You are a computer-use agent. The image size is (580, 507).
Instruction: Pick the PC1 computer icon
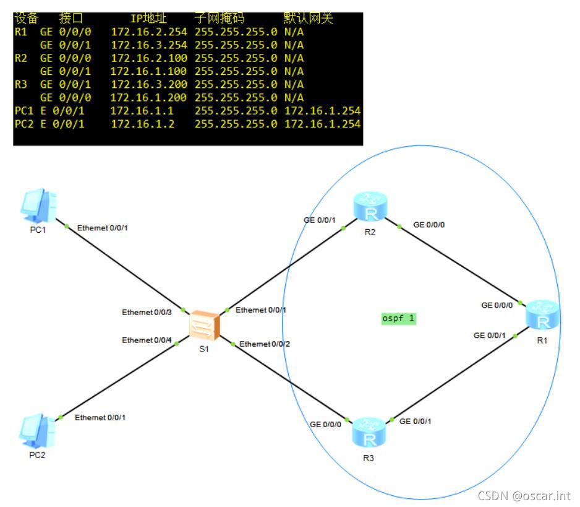click(38, 206)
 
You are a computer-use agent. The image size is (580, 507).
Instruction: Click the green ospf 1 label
click(399, 319)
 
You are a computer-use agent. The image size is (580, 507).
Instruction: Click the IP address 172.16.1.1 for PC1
click(134, 111)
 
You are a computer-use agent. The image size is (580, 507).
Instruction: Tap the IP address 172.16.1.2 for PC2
click(134, 124)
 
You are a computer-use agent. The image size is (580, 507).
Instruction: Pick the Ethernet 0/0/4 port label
click(147, 340)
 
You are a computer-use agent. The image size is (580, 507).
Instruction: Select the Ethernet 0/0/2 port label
click(265, 344)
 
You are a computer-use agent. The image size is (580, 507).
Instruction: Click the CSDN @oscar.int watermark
click(524, 495)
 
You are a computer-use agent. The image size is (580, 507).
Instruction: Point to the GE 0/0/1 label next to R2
click(319, 220)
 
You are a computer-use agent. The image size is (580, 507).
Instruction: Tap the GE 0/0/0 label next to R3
click(325, 424)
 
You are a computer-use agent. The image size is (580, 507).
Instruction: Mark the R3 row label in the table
click(21, 84)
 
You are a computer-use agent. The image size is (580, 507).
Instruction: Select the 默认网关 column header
click(309, 19)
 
